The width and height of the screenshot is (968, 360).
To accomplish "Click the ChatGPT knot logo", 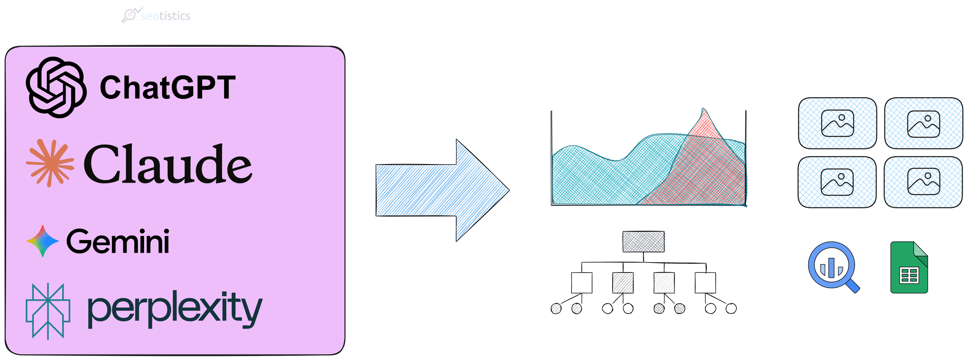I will [56, 87].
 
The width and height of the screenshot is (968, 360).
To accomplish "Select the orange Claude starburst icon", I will [50, 163].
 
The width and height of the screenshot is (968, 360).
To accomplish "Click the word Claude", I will [168, 164].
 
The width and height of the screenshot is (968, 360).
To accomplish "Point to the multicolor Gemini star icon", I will [42, 241].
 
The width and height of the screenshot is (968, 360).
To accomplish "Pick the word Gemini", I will [118, 241].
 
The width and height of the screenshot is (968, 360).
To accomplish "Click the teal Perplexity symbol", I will [48, 311].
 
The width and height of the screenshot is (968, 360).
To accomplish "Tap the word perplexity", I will [175, 309].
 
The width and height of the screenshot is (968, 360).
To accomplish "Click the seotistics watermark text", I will [165, 16].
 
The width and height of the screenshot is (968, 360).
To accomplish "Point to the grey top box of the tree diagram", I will [643, 241].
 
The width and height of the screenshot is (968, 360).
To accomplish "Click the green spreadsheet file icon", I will [909, 267].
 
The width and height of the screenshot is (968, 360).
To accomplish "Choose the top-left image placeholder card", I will [837, 123].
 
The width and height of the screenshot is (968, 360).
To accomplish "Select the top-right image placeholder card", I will [924, 123].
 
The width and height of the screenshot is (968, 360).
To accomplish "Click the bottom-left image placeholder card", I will [837, 182].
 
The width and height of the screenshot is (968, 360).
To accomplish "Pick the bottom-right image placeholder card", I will [923, 182].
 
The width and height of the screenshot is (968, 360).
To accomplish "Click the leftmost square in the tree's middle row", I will [582, 283].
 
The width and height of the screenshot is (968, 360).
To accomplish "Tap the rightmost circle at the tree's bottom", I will [731, 309].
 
